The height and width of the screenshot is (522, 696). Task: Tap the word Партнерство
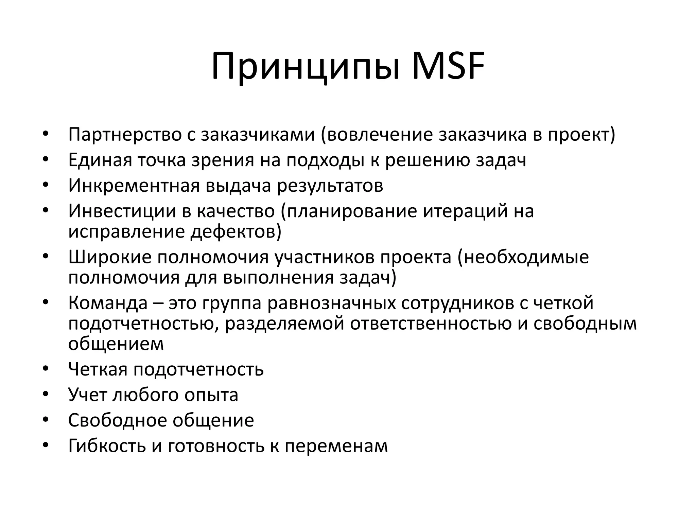point(125,135)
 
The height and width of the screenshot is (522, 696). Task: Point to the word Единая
point(100,160)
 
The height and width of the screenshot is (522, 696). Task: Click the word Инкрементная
point(134,186)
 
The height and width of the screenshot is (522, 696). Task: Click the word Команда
point(108,303)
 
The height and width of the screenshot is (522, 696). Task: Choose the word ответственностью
point(431,324)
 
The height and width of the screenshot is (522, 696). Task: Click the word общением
point(116,344)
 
